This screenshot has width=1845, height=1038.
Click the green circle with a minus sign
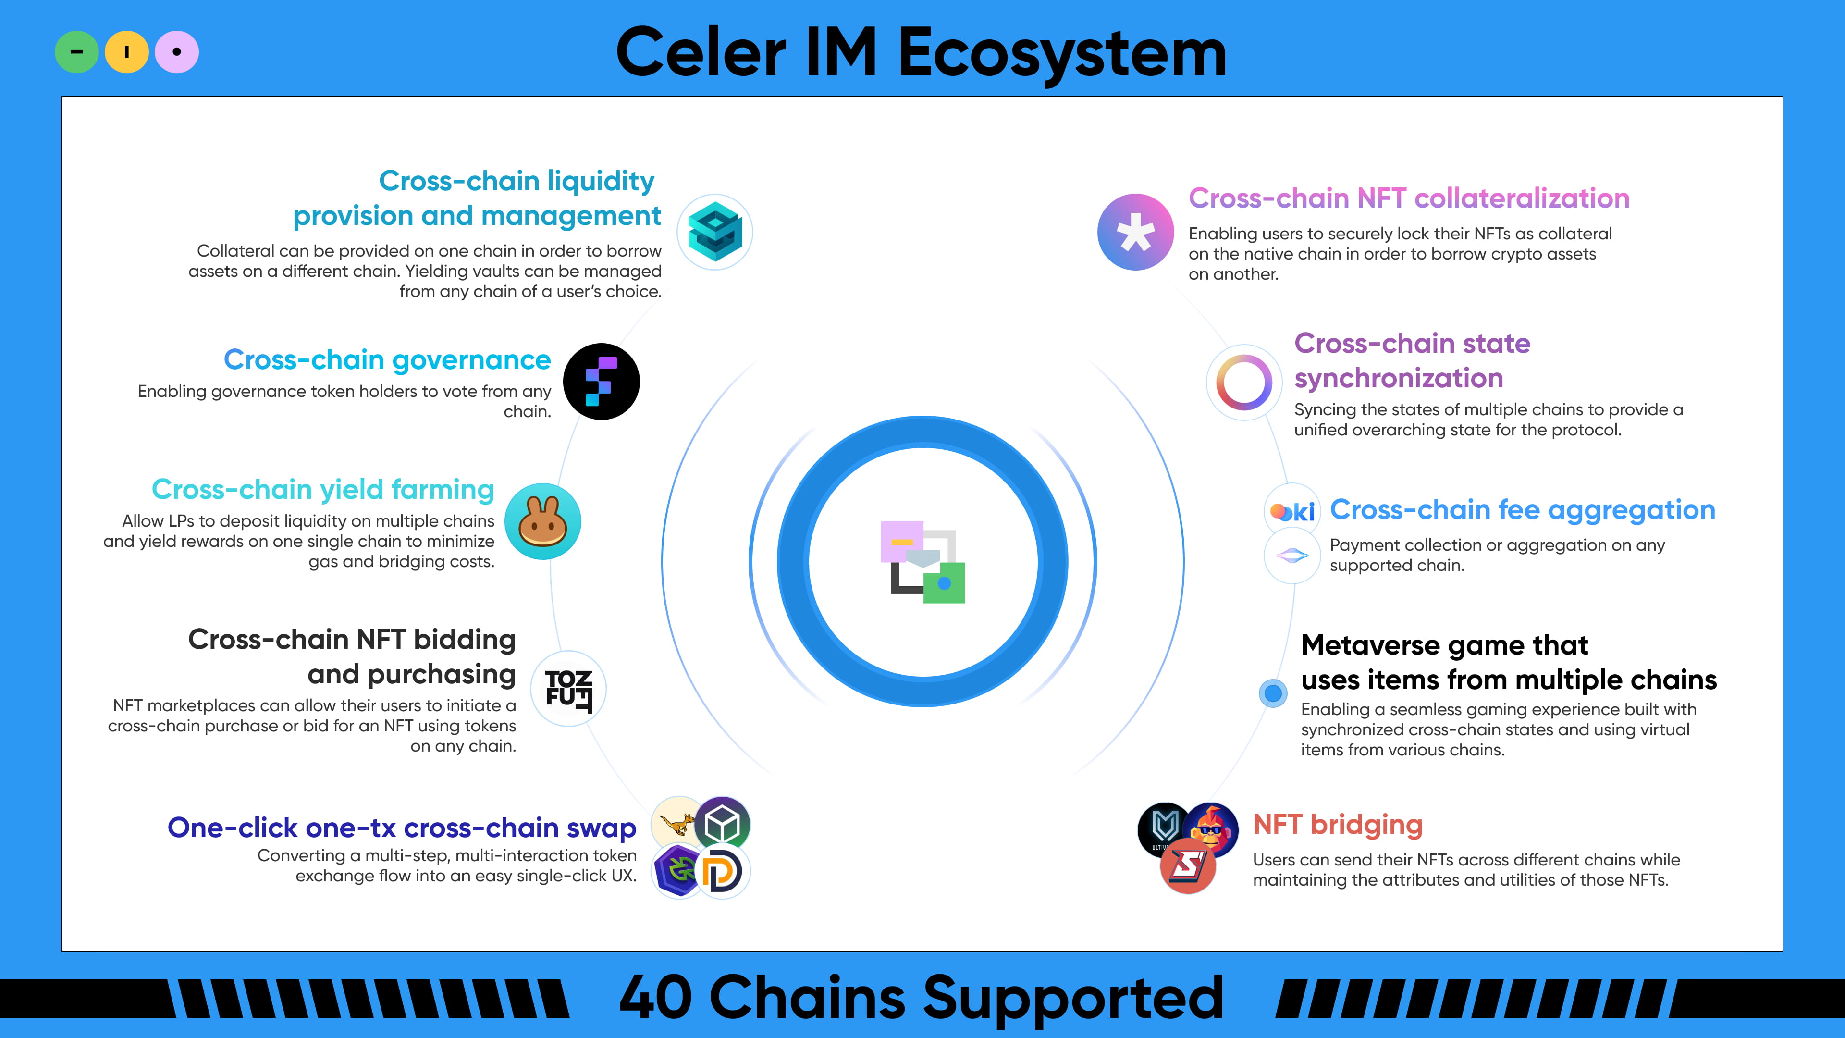click(77, 51)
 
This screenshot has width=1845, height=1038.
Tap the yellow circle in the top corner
click(127, 51)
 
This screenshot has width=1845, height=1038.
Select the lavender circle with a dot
click(177, 51)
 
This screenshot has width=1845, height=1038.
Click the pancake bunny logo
click(543, 521)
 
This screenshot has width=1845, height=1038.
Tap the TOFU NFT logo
click(569, 689)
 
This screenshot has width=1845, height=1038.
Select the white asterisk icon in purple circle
click(1136, 232)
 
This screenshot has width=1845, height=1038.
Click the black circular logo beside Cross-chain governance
click(602, 381)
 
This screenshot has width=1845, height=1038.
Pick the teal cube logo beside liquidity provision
click(715, 231)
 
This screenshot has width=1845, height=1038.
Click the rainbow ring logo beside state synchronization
click(1244, 382)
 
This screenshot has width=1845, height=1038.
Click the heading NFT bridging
click(1337, 825)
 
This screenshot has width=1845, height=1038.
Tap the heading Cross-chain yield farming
click(323, 489)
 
